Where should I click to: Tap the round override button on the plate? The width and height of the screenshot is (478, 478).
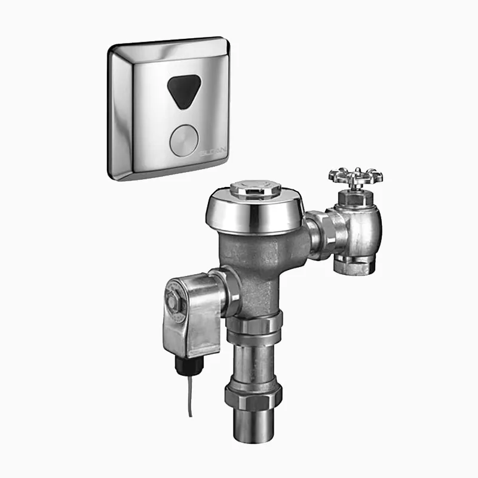[183, 140]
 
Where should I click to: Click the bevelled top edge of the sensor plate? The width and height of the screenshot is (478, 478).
[167, 45]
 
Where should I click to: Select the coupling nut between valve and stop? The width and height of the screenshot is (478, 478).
[323, 235]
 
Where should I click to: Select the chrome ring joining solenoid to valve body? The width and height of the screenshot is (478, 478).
[229, 291]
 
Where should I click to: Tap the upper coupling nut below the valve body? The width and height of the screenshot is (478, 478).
[253, 326]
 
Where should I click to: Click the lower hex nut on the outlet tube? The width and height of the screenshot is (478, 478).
[253, 396]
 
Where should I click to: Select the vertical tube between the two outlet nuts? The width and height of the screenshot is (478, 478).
[253, 361]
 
